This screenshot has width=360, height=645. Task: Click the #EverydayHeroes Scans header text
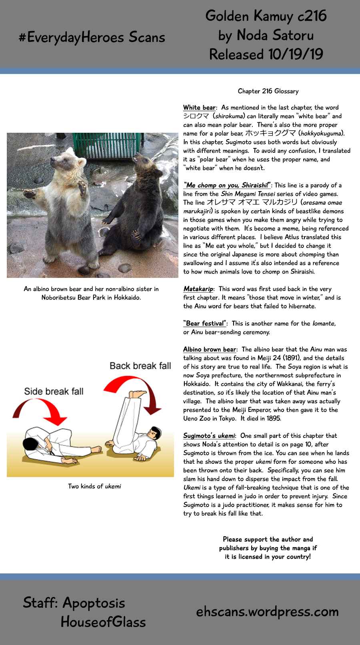(x=92, y=37)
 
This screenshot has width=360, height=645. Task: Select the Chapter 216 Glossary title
(x=268, y=91)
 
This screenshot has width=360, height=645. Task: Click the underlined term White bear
(x=199, y=108)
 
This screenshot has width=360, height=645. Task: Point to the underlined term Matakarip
(x=198, y=289)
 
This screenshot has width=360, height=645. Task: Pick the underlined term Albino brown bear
(x=210, y=349)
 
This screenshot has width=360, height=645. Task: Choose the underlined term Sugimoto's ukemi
(x=209, y=436)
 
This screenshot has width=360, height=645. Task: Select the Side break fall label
(x=54, y=391)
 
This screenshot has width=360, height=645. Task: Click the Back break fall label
(x=140, y=365)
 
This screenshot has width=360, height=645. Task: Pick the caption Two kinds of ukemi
(x=94, y=486)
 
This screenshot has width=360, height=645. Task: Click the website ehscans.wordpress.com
(x=267, y=611)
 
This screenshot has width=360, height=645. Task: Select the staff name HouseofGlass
(x=103, y=622)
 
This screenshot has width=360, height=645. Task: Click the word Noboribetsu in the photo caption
(x=60, y=298)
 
